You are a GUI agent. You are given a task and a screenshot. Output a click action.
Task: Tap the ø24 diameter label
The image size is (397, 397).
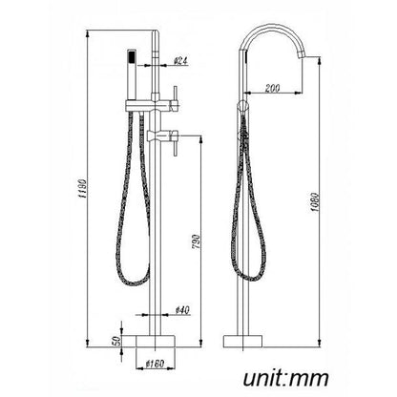(180, 63)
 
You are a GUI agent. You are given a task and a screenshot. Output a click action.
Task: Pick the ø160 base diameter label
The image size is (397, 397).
(157, 365)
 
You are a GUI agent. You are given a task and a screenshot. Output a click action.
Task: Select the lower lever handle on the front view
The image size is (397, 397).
(173, 133)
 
